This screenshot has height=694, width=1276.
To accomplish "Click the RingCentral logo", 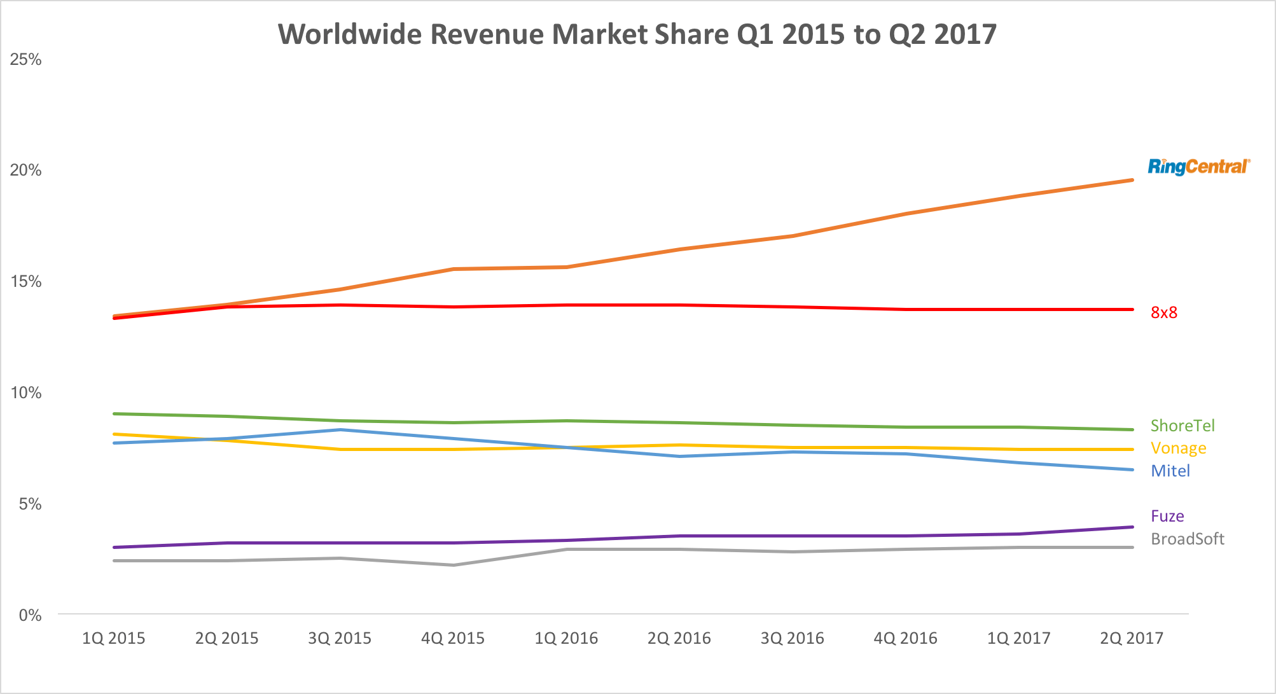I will click(x=1198, y=167).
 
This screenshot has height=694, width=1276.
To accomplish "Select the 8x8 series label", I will click(x=1163, y=312).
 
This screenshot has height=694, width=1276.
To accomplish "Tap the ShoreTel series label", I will click(x=1182, y=426).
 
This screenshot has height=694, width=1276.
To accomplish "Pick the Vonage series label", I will click(x=1178, y=448).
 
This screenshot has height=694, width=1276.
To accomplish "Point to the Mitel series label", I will click(x=1170, y=471).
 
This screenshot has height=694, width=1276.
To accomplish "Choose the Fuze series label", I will click(x=1167, y=516).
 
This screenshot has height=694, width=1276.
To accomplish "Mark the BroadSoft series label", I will click(x=1187, y=539).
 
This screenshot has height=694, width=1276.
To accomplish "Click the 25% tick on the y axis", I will click(x=26, y=60).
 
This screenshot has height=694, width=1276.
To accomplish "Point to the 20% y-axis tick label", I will click(x=26, y=170).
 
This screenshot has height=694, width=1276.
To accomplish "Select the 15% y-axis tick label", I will click(x=26, y=282).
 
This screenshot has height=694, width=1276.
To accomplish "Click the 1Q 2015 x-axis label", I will click(x=113, y=638).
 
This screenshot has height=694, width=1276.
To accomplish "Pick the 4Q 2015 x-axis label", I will click(x=453, y=638).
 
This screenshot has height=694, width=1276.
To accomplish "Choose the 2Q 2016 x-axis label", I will click(x=679, y=638).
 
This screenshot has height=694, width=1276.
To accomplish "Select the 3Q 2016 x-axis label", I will click(x=792, y=638).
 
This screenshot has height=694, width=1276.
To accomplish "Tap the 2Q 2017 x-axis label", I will click(x=1132, y=638).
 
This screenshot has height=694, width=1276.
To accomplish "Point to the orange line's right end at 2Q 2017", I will click(x=1132, y=180).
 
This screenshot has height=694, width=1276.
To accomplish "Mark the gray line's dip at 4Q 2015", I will click(x=453, y=565).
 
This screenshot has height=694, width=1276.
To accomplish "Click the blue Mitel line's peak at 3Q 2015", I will click(x=340, y=430).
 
